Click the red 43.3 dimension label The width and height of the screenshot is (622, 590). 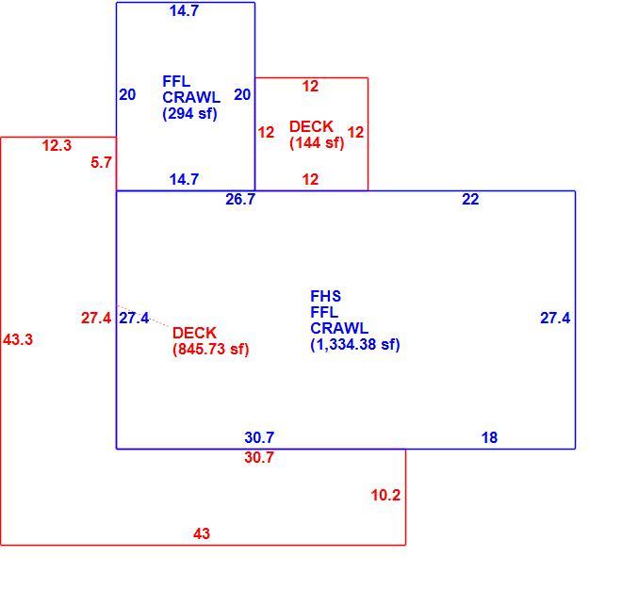pyautogui.click(x=18, y=339)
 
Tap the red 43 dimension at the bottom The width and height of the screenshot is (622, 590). pyautogui.click(x=202, y=533)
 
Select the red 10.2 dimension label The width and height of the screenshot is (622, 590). pyautogui.click(x=385, y=495)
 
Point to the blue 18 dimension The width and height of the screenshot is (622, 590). pyautogui.click(x=489, y=437)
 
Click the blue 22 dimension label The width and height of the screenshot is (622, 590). pyautogui.click(x=470, y=199)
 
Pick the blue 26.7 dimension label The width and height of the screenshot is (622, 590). pyautogui.click(x=240, y=199)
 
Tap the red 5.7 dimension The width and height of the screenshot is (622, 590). pyautogui.click(x=101, y=162)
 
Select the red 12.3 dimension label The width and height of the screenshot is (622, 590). pyautogui.click(x=57, y=146)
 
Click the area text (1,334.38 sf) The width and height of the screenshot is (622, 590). pyautogui.click(x=355, y=344)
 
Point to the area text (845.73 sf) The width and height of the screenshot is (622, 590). pyautogui.click(x=211, y=349)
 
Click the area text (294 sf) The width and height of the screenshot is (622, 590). pyautogui.click(x=189, y=114)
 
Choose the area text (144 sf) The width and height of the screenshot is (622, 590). pyautogui.click(x=317, y=143)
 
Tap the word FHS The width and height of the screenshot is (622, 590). pyautogui.click(x=326, y=296)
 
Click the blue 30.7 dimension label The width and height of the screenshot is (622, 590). pyautogui.click(x=259, y=437)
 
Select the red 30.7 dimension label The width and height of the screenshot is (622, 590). pyautogui.click(x=259, y=457)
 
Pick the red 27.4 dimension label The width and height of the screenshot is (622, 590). pyautogui.click(x=96, y=319)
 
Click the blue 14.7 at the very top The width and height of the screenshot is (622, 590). pyautogui.click(x=184, y=10)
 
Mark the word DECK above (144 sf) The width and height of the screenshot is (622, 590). pyautogui.click(x=311, y=127)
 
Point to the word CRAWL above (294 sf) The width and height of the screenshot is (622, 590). pyautogui.click(x=191, y=98)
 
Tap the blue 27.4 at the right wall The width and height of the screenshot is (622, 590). pyautogui.click(x=555, y=319)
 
